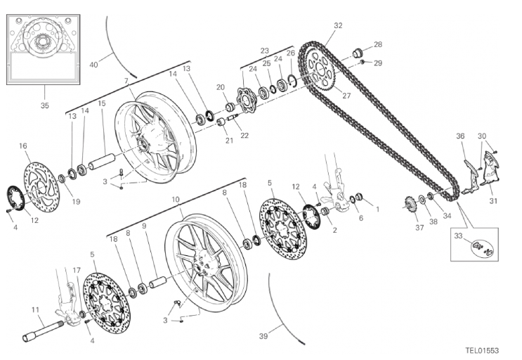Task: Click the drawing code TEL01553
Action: (482, 350)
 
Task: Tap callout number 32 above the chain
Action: (338, 25)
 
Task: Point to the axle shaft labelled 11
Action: (43, 328)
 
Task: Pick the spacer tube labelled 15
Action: (101, 161)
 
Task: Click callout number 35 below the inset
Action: (44, 105)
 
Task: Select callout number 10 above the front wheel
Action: (176, 200)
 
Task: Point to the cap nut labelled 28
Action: (358, 53)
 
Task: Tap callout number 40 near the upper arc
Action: (94, 64)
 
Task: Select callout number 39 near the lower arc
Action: (263, 336)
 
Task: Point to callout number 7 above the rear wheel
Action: (126, 81)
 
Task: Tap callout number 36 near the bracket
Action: (460, 136)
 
